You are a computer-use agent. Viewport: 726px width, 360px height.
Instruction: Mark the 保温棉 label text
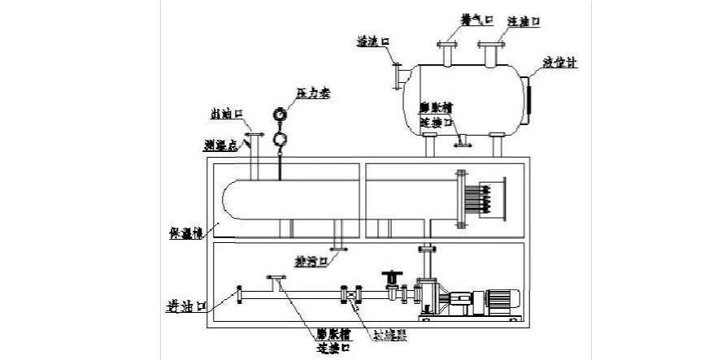click(186, 232)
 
